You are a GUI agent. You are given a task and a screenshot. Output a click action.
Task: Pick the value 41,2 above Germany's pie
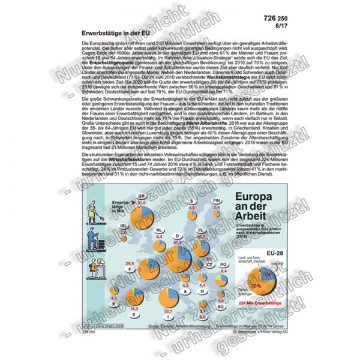pos(178,242)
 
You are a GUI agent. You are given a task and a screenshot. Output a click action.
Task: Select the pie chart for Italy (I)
pos(170,298)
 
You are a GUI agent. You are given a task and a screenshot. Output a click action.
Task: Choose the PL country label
pos(201,230)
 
